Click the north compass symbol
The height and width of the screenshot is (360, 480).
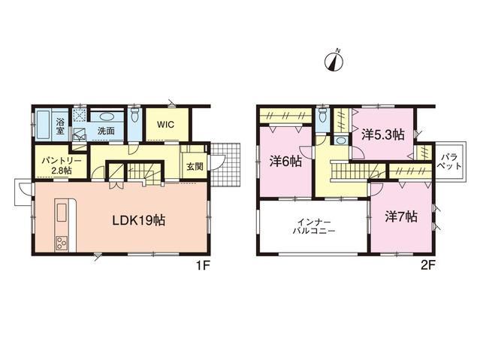pyautogui.click(x=334, y=62)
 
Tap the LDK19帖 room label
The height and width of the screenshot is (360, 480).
pyautogui.click(x=139, y=221)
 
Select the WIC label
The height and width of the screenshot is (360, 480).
pyautogui.click(x=165, y=125)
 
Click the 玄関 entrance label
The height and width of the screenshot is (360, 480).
pyautogui.click(x=195, y=167)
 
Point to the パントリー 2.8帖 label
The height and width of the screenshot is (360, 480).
pyautogui.click(x=62, y=165)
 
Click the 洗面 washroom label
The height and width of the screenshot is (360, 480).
pyautogui.click(x=106, y=131)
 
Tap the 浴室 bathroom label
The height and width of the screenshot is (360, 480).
pyautogui.click(x=60, y=126)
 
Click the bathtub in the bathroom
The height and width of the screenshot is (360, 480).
pyautogui.click(x=43, y=125)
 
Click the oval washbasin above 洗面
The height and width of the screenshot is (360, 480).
pyautogui.click(x=107, y=117)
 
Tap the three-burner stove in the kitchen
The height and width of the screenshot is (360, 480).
pyautogui.click(x=62, y=244)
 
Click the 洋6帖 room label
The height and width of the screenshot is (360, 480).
pyautogui.click(x=285, y=162)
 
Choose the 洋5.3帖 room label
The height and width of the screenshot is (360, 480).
pyautogui.click(x=383, y=135)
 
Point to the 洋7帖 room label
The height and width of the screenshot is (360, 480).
pyautogui.click(x=401, y=217)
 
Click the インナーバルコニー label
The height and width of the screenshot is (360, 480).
pyautogui.click(x=314, y=226)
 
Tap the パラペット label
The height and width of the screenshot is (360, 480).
pyautogui.click(x=450, y=162)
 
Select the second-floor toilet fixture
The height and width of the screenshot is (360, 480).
pyautogui.click(x=322, y=115)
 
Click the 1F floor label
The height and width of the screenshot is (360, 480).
pyautogui.click(x=203, y=265)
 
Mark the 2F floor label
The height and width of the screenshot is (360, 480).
pyautogui.click(x=427, y=265)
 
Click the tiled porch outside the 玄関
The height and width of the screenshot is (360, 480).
pyautogui.click(x=225, y=165)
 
